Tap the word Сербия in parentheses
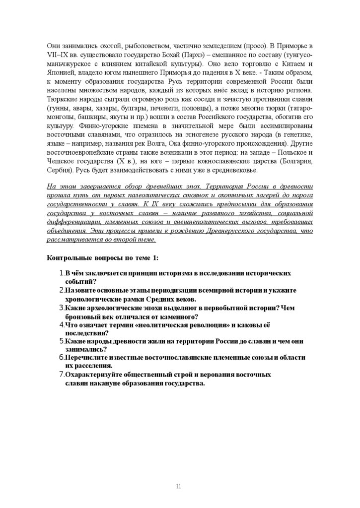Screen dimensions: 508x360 (60, 169)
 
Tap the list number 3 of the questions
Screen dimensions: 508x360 (61, 308)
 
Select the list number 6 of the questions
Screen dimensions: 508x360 (61, 358)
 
